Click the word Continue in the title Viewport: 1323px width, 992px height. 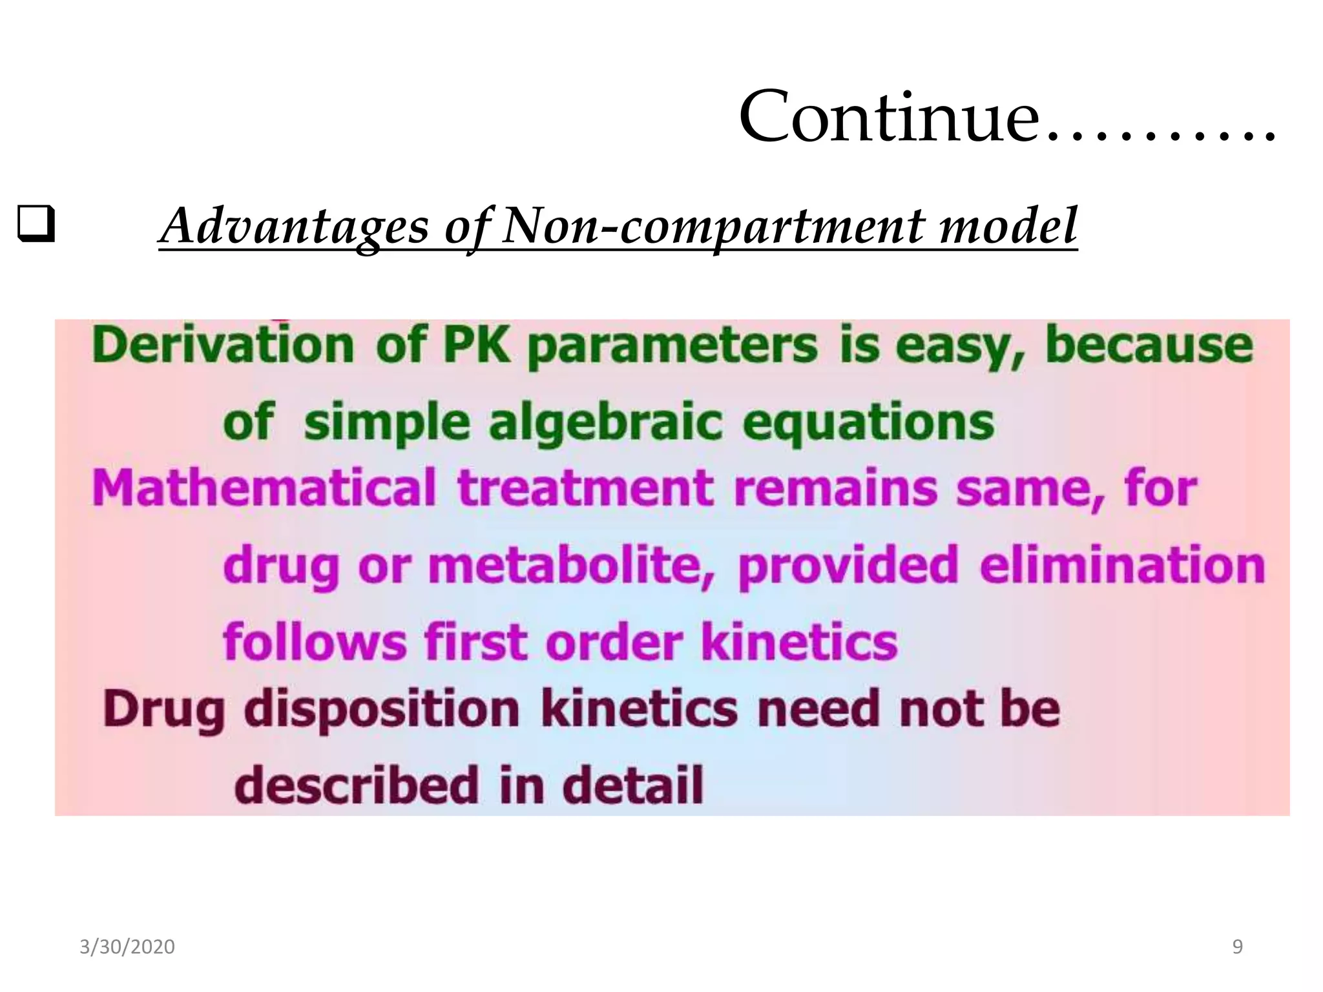[x=888, y=118]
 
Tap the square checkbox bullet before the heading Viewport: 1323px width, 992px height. [x=36, y=224]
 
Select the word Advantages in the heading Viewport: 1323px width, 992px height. [x=295, y=226]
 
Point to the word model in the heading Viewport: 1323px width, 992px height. [x=1008, y=226]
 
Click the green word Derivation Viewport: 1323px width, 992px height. [x=224, y=345]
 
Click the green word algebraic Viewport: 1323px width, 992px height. [x=605, y=423]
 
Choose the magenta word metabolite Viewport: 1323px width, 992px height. [x=572, y=565]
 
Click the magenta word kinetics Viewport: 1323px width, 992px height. [x=799, y=642]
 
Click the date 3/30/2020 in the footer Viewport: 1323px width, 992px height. [x=127, y=947]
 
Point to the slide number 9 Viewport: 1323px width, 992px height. [x=1237, y=947]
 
